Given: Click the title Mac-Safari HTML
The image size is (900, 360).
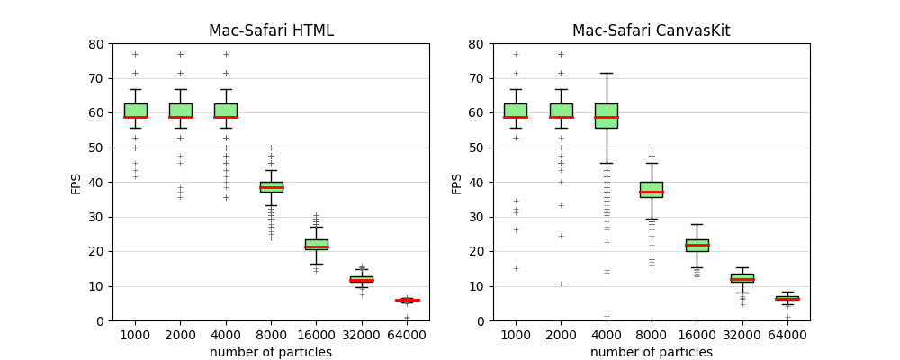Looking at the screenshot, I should (x=271, y=31).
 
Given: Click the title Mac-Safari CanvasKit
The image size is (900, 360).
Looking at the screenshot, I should (x=651, y=31).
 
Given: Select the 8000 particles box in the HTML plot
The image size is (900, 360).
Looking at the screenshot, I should (x=271, y=187).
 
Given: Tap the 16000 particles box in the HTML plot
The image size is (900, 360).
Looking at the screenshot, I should (x=316, y=244).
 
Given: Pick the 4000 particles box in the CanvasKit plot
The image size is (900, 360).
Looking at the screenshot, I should (x=606, y=115).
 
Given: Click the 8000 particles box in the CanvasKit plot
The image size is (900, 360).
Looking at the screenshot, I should (x=651, y=190).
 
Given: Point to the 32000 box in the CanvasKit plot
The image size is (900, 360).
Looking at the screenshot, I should (x=742, y=278).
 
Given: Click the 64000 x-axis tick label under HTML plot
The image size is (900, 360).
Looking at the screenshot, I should (x=407, y=335).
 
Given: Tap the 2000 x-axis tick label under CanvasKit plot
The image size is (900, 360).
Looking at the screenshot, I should (x=561, y=335).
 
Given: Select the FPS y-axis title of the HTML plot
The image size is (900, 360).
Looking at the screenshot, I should (x=76, y=183).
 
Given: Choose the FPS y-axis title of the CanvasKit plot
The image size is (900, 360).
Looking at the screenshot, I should (x=457, y=183).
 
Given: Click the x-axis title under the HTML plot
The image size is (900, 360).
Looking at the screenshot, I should (x=271, y=352).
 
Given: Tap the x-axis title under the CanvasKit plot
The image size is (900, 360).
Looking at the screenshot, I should (x=651, y=352).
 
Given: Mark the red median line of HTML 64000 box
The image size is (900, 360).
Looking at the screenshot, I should (x=407, y=300).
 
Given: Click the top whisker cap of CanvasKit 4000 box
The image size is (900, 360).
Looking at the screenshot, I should (x=606, y=73).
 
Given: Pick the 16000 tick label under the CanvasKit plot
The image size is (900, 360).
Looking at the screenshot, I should (x=697, y=335).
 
